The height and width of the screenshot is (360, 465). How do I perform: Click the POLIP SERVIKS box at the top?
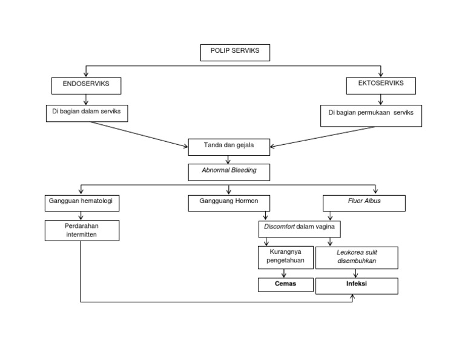pyautogui.click(x=235, y=52)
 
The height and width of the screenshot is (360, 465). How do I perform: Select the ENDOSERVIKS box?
pyautogui.click(x=87, y=85)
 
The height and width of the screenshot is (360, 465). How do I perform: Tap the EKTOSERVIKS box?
pyautogui.click(x=382, y=85)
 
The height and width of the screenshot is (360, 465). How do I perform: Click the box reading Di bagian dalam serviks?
pyautogui.click(x=87, y=113)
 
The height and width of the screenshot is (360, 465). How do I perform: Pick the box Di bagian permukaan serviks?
pyautogui.click(x=371, y=115)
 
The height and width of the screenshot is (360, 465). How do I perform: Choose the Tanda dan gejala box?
pyautogui.click(x=229, y=147)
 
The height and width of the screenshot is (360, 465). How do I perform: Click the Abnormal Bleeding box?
pyautogui.click(x=229, y=172)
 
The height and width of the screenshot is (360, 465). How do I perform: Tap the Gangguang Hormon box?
pyautogui.click(x=229, y=203)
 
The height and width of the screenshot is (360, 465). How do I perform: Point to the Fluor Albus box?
pyautogui.click(x=363, y=203)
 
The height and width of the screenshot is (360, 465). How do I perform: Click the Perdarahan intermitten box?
pyautogui.click(x=82, y=230)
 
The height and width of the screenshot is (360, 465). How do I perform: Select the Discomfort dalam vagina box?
pyautogui.click(x=299, y=229)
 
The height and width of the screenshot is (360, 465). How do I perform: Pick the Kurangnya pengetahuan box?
pyautogui.click(x=286, y=258)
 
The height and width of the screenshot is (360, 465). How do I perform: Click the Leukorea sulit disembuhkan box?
pyautogui.click(x=357, y=258)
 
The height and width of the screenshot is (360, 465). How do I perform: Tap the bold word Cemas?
pyautogui.click(x=285, y=284)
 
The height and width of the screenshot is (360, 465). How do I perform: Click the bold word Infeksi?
pyautogui.click(x=356, y=284)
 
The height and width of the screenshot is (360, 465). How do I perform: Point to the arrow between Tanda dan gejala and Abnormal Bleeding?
pyautogui.click(x=229, y=160)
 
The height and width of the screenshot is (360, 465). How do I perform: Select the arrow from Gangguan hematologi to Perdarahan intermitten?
pyautogui.click(x=81, y=216)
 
